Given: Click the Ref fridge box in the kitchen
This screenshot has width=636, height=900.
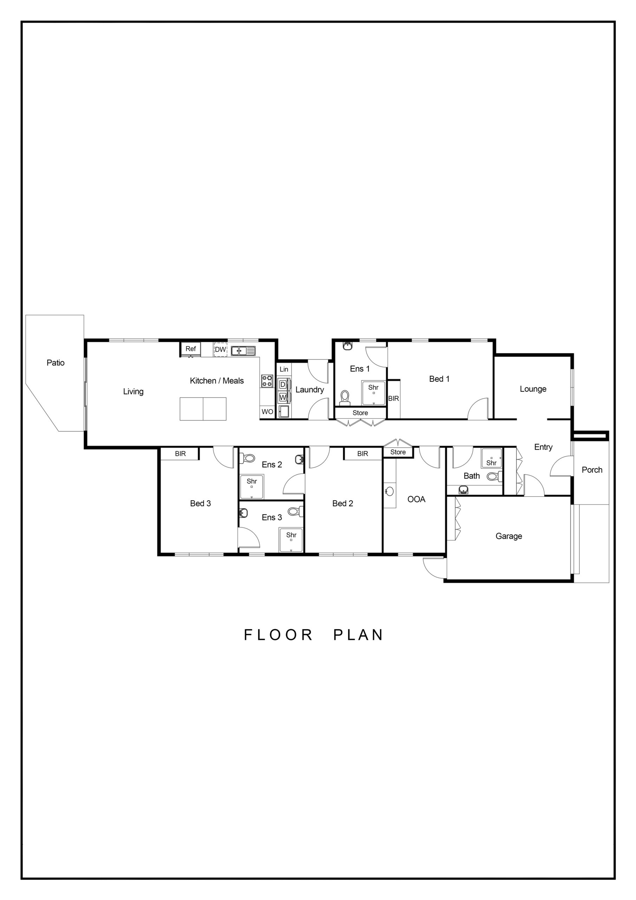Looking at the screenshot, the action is [x=190, y=349].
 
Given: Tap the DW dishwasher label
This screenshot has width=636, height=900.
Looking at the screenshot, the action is [x=220, y=349].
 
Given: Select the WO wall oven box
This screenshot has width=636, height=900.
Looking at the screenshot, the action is [x=267, y=412].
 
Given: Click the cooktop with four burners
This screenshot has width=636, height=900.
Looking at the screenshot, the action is [x=267, y=381].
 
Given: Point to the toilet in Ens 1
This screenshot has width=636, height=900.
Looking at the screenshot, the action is [x=344, y=397].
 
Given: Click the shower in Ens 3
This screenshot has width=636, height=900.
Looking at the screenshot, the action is [x=291, y=540].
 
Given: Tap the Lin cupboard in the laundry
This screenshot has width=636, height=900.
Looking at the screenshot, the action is [x=284, y=369].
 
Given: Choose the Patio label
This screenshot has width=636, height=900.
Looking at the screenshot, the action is [x=56, y=363].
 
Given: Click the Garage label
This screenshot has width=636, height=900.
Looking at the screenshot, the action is [x=509, y=536].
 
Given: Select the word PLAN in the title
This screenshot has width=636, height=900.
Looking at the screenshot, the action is [x=358, y=635].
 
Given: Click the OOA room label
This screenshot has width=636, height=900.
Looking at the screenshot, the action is [x=416, y=499].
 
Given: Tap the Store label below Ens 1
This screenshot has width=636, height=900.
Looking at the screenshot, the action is [x=360, y=413].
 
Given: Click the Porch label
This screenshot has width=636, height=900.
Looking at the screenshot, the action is [x=592, y=470].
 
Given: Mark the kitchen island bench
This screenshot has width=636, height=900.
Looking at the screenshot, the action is [x=203, y=409].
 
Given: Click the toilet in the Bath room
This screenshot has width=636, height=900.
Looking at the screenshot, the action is [x=494, y=477].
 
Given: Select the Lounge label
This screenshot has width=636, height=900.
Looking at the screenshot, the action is [x=533, y=389].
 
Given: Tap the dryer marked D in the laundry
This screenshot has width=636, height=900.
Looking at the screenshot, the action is [x=283, y=385].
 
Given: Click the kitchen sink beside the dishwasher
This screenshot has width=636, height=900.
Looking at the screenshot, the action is [x=243, y=351].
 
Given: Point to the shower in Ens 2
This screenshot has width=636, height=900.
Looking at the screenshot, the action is [x=252, y=487].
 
